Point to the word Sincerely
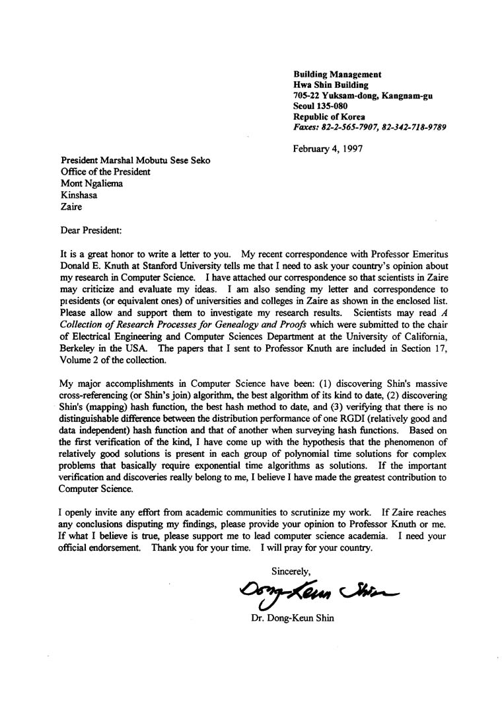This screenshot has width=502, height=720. pyautogui.click(x=291, y=571)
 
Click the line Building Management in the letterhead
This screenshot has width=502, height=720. pyautogui.click(x=337, y=75)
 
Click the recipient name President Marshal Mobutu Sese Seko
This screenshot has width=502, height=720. pyautogui.click(x=136, y=161)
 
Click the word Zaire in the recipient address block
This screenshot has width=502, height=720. pyautogui.click(x=71, y=206)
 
